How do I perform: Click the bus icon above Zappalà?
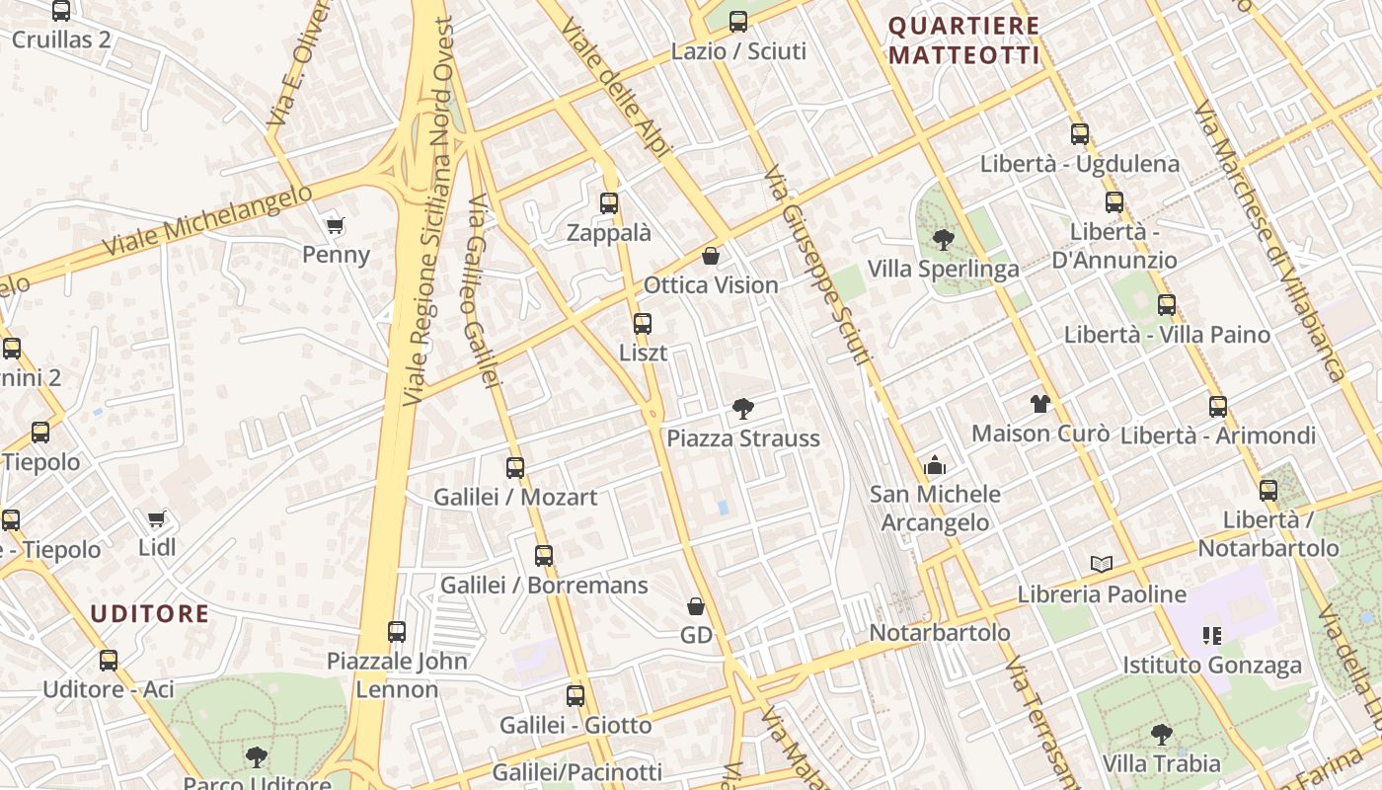tap(609, 203)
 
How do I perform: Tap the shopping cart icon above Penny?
tap(336, 225)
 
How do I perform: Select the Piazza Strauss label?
tap(743, 438)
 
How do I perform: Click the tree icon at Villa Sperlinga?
tap(943, 239)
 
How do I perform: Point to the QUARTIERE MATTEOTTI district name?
tap(964, 40)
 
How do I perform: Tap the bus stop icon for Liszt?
tap(643, 323)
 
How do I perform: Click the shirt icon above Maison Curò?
tap(1040, 403)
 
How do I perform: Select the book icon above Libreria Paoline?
tap(1102, 564)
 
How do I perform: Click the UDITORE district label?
tap(150, 614)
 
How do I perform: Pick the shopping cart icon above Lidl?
tap(156, 518)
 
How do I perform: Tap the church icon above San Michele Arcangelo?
tap(935, 465)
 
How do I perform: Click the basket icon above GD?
tap(696, 605)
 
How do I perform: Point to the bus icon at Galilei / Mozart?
tap(515, 467)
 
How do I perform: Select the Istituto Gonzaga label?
tap(1211, 666)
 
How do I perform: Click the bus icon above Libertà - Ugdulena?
tap(1080, 134)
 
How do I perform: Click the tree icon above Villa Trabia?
tap(1162, 734)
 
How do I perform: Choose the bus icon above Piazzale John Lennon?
tap(397, 631)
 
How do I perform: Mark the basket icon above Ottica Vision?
tap(711, 256)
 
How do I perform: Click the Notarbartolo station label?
tap(940, 632)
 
